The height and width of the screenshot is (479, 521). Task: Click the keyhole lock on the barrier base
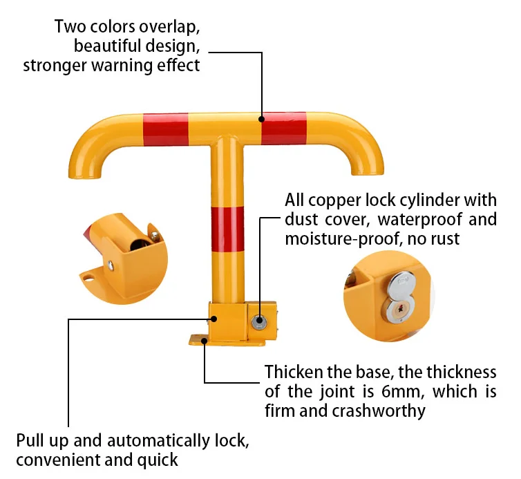261,320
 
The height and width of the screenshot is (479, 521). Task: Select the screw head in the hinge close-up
111,263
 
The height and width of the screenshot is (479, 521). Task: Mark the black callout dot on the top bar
262,120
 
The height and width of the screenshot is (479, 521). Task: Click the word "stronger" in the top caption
50,66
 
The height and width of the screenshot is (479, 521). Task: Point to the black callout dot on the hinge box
214,319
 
